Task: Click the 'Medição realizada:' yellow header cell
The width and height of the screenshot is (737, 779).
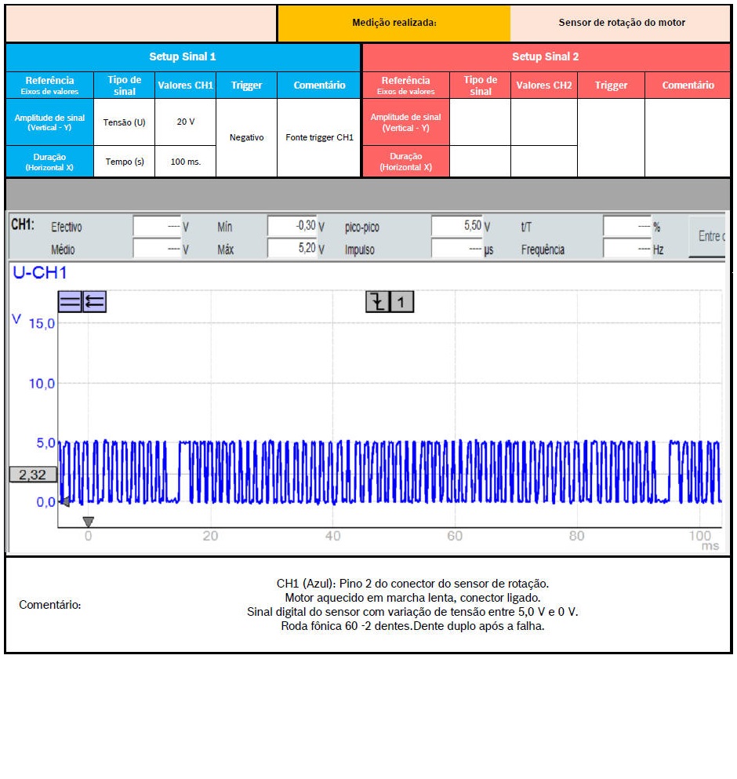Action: coord(394,23)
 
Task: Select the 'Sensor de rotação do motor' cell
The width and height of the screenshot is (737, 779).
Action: coord(621,23)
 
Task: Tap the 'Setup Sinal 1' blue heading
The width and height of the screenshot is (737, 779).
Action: coord(183,56)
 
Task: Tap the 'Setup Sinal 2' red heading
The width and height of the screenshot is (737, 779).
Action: coord(546,56)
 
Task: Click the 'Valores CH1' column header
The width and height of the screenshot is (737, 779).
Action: coord(185,85)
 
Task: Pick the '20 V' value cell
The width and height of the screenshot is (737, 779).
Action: coord(185,122)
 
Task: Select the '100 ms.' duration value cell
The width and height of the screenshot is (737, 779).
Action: coord(185,162)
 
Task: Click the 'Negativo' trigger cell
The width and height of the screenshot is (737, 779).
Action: coord(246,137)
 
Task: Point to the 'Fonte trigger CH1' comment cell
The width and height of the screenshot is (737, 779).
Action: coord(319,137)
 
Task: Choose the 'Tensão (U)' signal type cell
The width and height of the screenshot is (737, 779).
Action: coord(124,122)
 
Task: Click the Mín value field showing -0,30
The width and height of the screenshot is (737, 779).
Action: coord(292,227)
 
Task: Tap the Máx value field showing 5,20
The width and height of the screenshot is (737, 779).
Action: coord(292,249)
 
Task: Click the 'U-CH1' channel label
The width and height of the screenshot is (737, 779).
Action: coord(39,273)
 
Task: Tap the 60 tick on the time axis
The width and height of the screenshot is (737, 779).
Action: coord(455,537)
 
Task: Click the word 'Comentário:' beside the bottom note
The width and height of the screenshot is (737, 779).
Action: coord(49,605)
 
